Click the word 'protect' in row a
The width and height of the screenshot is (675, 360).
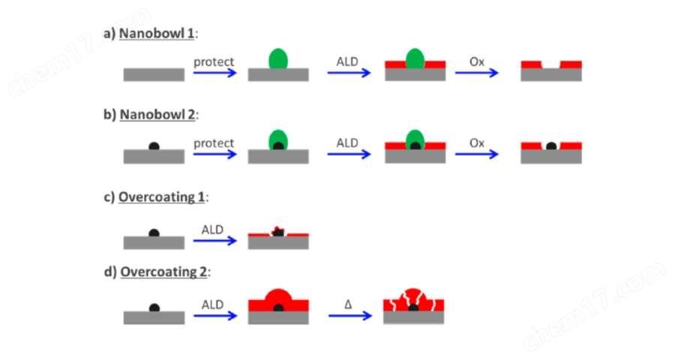(214, 61)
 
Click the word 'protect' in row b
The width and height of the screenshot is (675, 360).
(214, 142)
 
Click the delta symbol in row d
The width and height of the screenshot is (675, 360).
(348, 304)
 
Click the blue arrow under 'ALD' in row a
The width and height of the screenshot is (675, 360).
(349, 73)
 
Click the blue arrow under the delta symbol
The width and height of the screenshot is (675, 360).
(349, 316)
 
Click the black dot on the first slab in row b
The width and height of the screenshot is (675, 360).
(154, 145)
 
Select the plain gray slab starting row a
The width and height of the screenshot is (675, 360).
(154, 74)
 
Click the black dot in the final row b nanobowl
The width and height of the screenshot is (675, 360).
(551, 146)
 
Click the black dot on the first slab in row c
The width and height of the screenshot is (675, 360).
(154, 232)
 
